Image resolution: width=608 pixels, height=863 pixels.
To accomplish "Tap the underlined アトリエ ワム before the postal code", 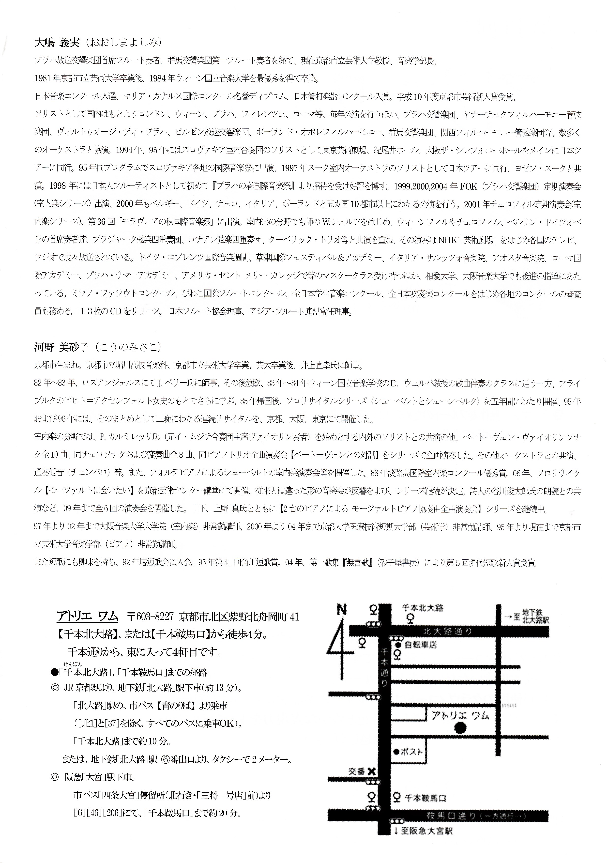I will pos(87,616).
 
